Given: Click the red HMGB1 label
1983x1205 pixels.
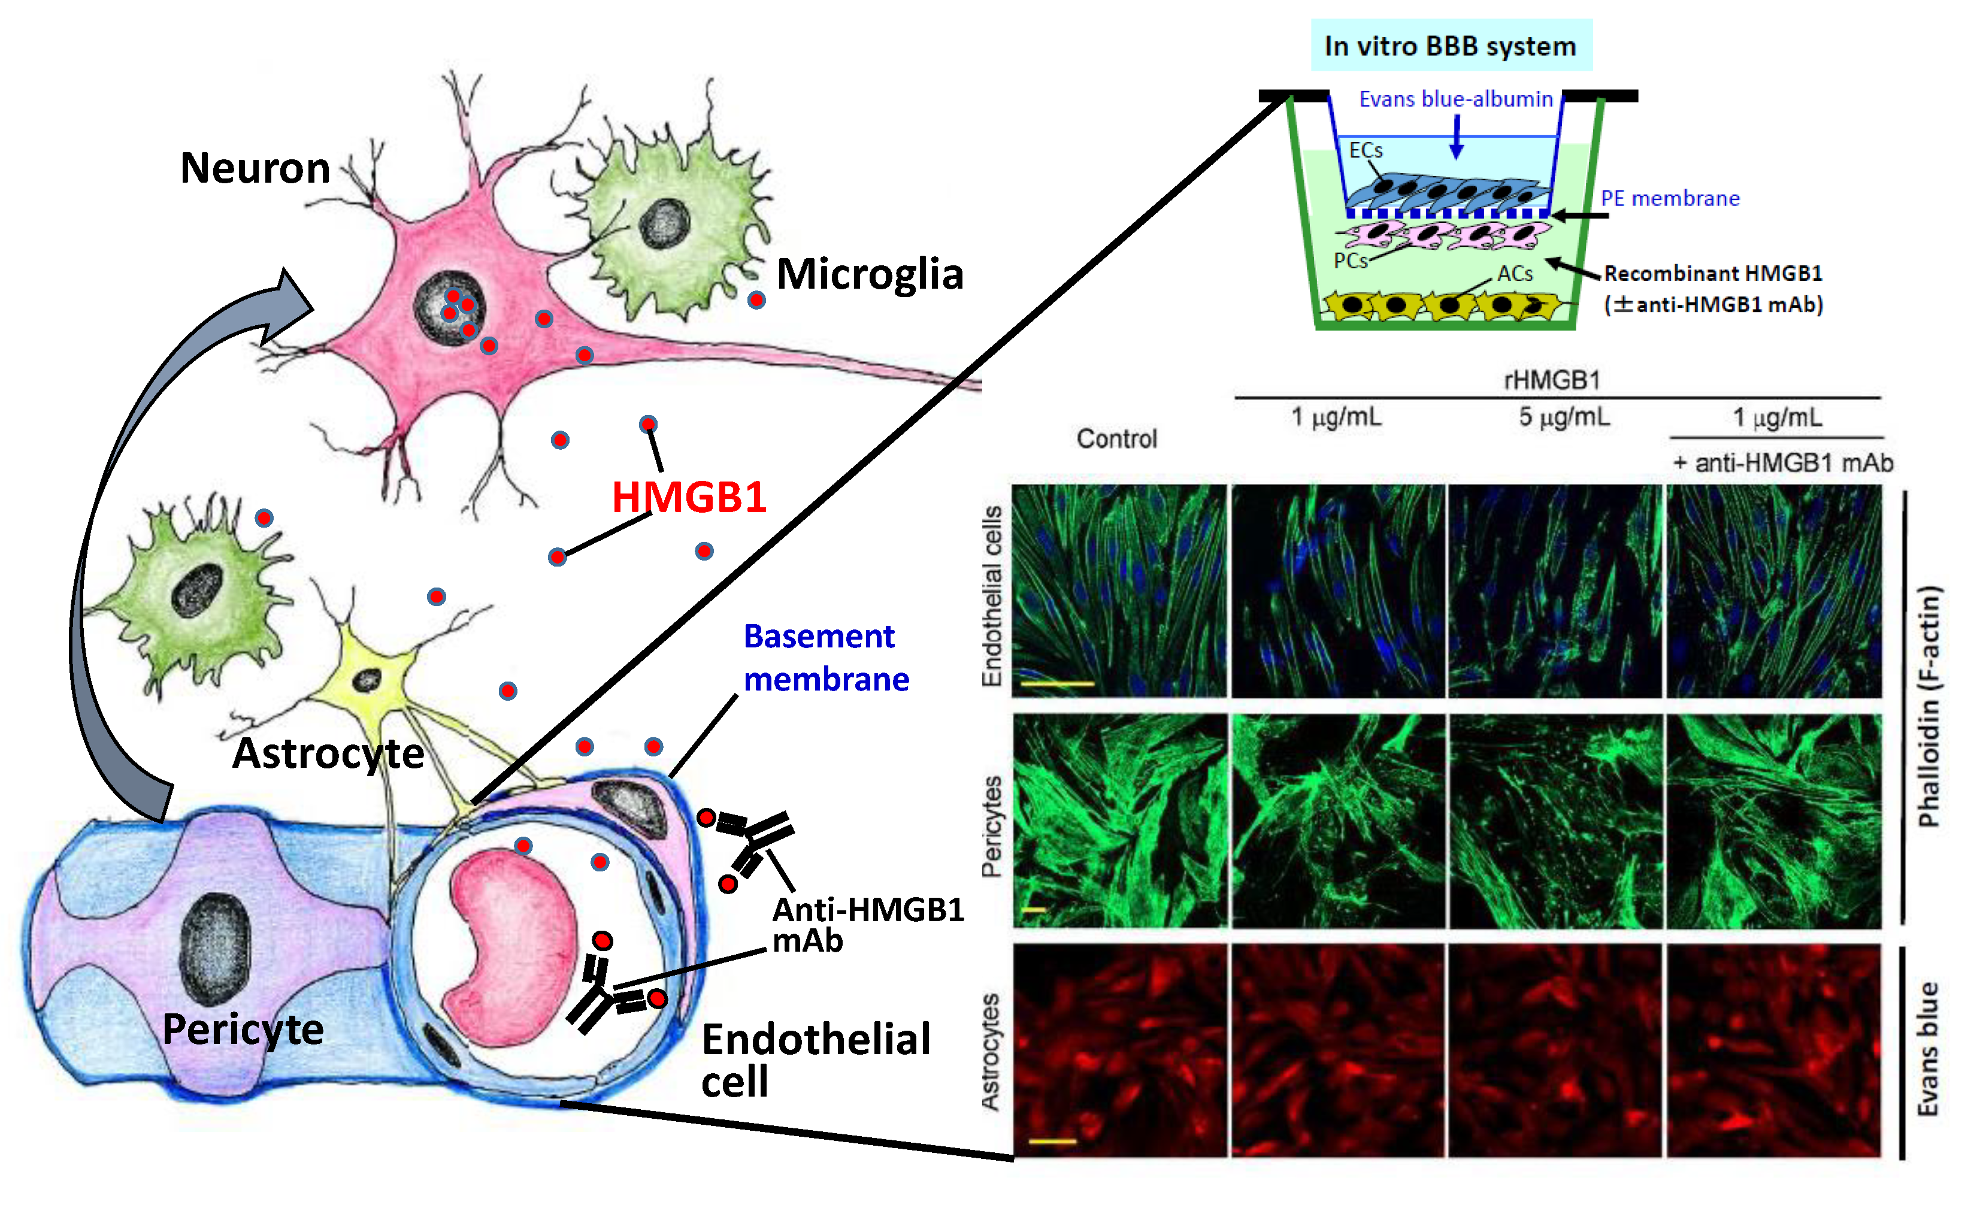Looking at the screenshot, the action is pos(689,496).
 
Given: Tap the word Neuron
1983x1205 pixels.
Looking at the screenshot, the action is pos(255,168).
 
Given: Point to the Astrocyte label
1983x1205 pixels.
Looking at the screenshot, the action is pos(328,753).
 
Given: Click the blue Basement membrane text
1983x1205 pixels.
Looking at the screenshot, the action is pos(826,658).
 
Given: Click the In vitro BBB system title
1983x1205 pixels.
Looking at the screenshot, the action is pos(1450,46).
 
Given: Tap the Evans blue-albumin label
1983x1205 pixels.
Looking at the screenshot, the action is pos(1455,99).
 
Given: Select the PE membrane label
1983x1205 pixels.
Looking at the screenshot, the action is pos(1670,198).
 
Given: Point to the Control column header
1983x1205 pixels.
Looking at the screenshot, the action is pos(1116,438).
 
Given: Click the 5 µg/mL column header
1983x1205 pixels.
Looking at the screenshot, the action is pos(1564,417).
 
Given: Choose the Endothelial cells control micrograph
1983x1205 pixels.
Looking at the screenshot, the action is pos(1119,591).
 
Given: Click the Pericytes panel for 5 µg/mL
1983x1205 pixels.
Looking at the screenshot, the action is pos(1555,821).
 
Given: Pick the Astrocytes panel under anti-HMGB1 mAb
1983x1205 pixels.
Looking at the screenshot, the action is pos(1774,1050).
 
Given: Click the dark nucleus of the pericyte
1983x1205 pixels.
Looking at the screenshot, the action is pos(215,950).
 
